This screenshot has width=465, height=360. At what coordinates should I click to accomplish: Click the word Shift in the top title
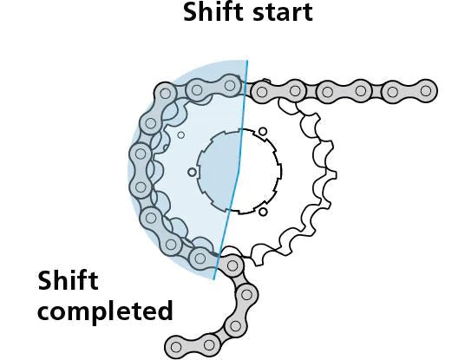[208, 13]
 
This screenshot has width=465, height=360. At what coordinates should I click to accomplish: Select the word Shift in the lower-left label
[68, 282]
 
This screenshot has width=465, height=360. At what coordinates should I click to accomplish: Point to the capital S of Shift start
[191, 13]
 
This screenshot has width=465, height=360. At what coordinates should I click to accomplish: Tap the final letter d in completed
[164, 310]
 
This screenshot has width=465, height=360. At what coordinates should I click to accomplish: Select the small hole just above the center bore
[259, 130]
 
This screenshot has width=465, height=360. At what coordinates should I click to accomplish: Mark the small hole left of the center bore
[192, 172]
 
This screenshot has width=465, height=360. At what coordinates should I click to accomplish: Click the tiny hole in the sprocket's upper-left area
[180, 134]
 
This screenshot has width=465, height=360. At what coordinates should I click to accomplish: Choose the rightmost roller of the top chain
[425, 89]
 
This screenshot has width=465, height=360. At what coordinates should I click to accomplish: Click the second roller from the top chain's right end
[392, 89]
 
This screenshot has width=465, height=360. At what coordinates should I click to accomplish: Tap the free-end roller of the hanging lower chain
[176, 347]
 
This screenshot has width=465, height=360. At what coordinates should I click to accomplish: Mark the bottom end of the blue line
[214, 280]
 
